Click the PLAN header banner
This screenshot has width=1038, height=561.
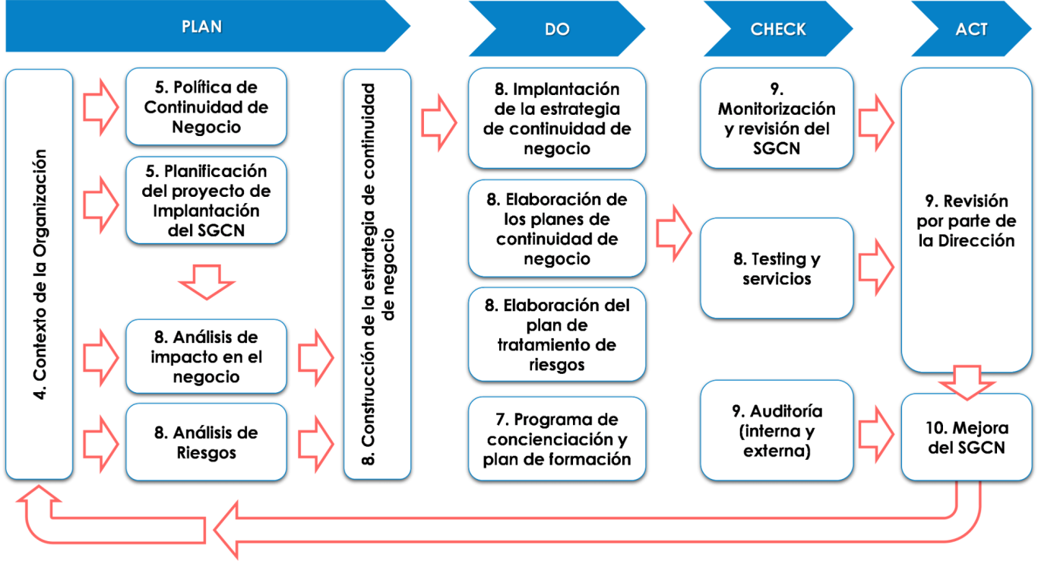click(204, 26)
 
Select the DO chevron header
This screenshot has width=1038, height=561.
click(557, 29)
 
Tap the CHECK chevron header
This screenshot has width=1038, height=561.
click(778, 29)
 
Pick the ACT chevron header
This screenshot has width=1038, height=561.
click(971, 29)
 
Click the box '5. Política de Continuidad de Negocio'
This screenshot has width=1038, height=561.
click(206, 106)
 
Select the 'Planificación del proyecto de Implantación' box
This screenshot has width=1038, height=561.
click(206, 200)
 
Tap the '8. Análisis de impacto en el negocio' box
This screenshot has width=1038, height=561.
click(206, 357)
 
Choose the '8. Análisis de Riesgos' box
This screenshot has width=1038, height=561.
click(206, 442)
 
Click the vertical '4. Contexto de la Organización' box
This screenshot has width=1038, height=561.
click(40, 274)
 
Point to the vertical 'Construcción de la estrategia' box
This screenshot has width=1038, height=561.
click(377, 274)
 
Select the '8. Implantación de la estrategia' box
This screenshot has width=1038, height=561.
click(557, 119)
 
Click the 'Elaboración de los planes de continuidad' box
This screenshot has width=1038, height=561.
click(557, 229)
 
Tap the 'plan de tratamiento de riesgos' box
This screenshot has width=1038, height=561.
click(557, 334)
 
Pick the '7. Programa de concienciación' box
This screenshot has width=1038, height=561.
click(557, 439)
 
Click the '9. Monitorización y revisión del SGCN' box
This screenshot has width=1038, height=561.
click(777, 119)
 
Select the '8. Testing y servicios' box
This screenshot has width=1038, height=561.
click(777, 268)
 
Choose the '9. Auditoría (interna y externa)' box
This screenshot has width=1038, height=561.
click(777, 430)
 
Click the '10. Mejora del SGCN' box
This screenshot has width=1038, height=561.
click(967, 437)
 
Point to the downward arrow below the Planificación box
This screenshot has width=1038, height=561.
click(207, 282)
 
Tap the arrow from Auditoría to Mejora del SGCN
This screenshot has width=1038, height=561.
click(876, 434)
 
